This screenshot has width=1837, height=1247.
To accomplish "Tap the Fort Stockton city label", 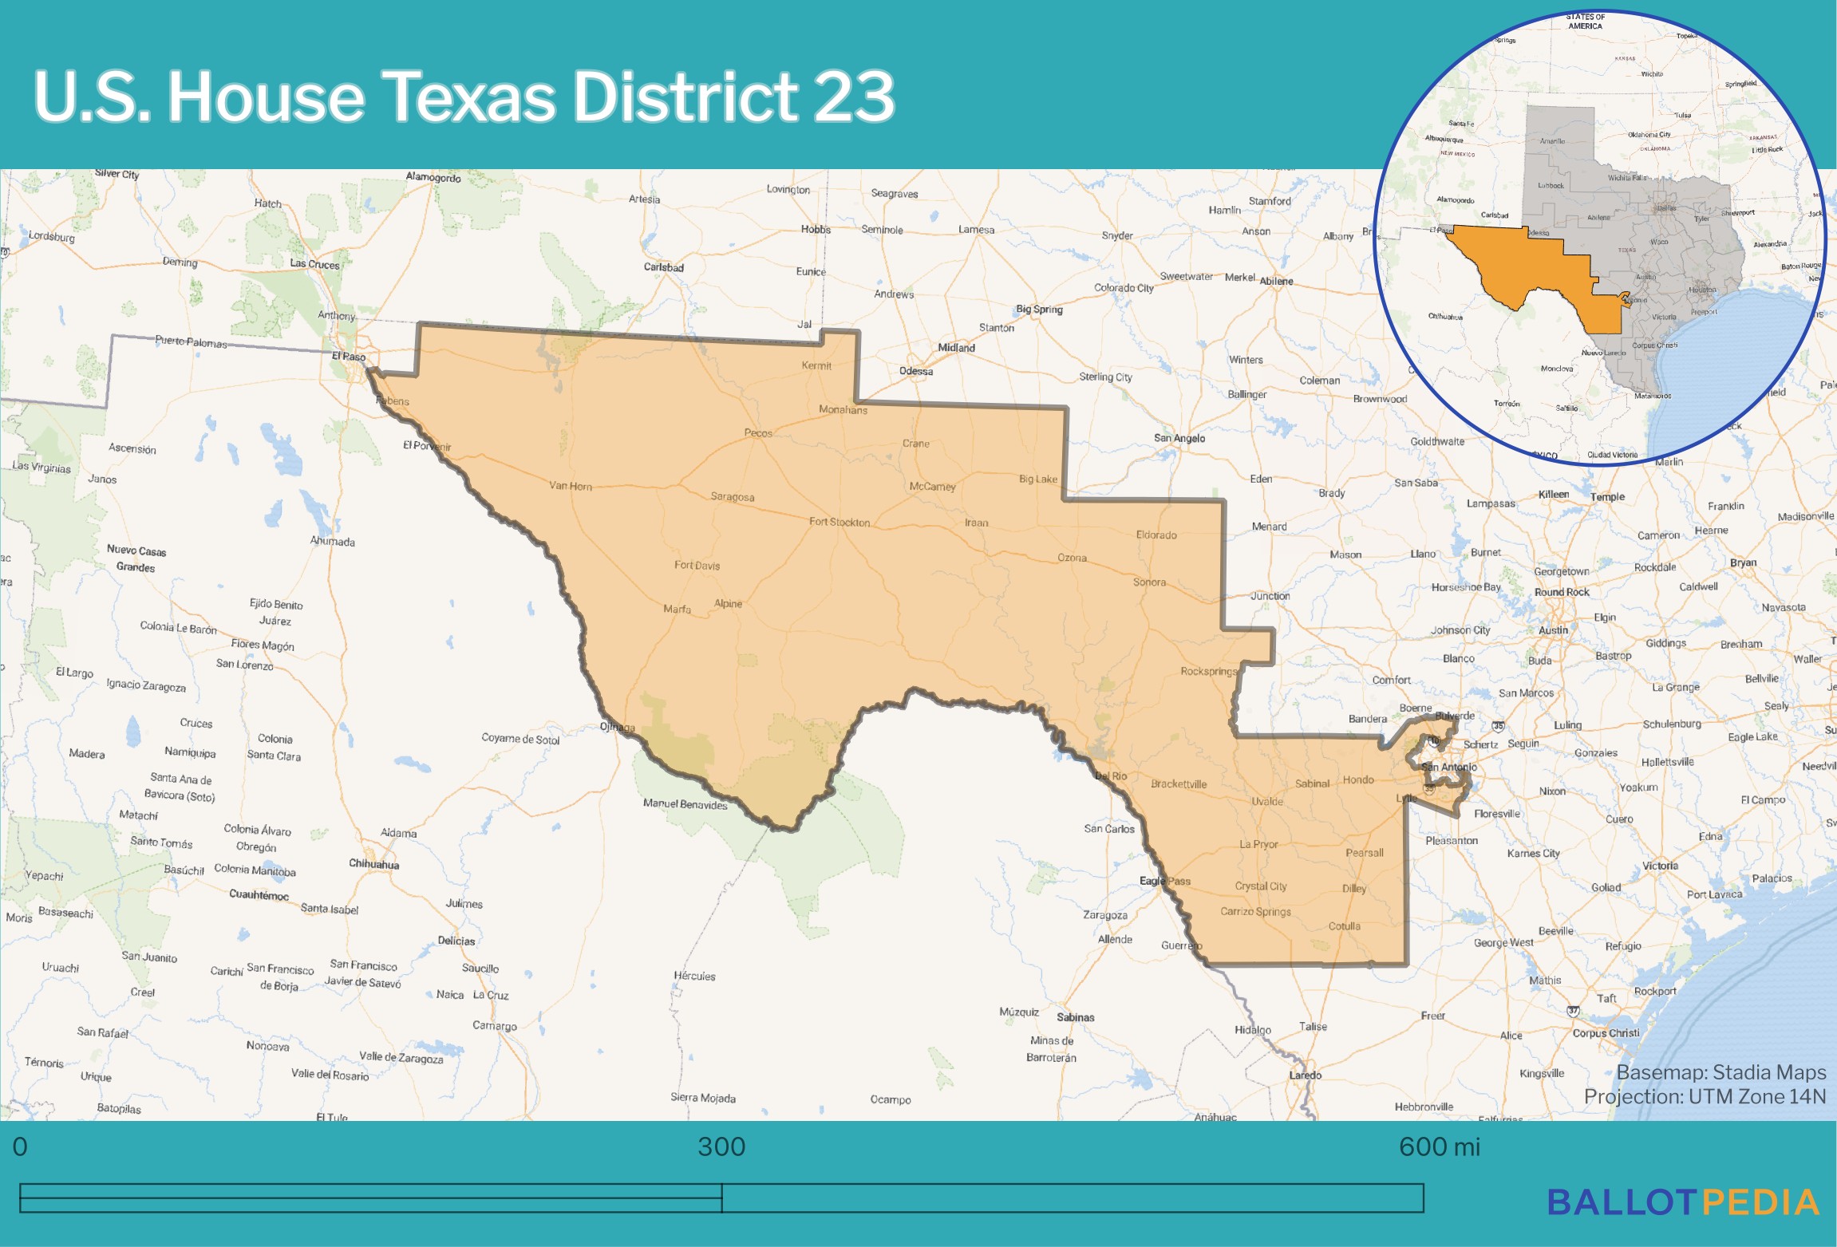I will tap(839, 522).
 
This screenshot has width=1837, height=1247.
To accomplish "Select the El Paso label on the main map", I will tap(349, 357).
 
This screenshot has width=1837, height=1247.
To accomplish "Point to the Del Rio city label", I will tap(1111, 775).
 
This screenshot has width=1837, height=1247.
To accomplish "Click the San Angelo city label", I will tap(1179, 438).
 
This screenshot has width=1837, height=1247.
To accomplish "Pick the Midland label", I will tap(956, 348).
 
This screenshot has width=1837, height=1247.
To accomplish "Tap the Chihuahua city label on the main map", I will tap(373, 864).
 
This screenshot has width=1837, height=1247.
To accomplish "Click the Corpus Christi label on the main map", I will tap(1606, 1032).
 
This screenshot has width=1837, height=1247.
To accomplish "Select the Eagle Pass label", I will tap(1164, 881).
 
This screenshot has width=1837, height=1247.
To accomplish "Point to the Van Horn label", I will tap(570, 486).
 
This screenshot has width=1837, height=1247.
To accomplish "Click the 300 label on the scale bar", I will tap(721, 1147).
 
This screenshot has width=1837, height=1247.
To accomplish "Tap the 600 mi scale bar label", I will tap(1439, 1147).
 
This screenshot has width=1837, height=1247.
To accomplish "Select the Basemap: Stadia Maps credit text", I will tap(1720, 1072).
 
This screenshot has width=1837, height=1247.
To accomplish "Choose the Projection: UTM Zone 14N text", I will tap(1705, 1097).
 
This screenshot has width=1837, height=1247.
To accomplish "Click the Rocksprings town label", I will tap(1208, 671).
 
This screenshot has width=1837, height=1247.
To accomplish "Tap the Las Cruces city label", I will tap(314, 263).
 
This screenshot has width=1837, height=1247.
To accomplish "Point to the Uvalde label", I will tap(1266, 801).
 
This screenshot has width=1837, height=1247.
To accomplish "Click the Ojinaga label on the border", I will tap(617, 727).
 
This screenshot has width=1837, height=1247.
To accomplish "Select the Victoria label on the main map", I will tap(1660, 866).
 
